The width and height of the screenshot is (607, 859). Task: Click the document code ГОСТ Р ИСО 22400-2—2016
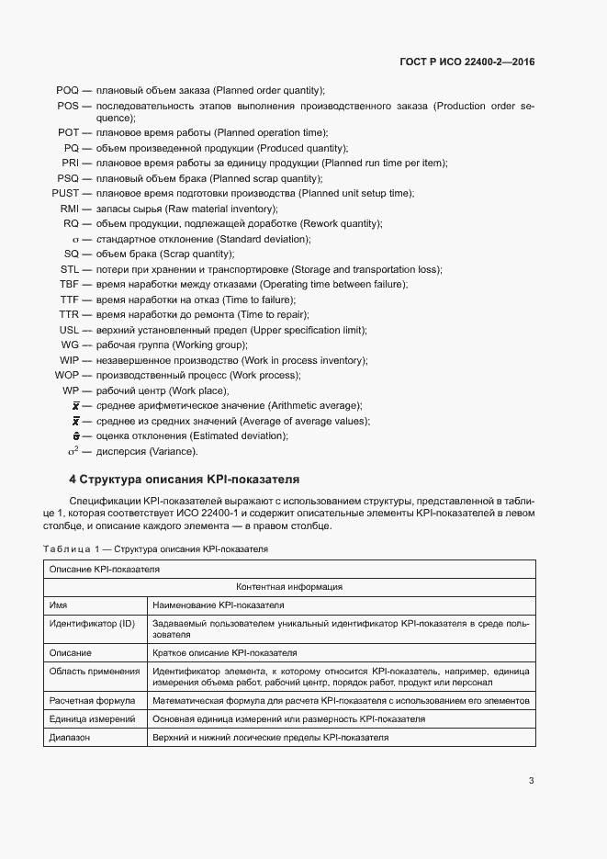pos(467,62)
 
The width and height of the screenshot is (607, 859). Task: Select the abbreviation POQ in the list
pos(67,90)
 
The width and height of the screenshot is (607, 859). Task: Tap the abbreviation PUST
pos(65,193)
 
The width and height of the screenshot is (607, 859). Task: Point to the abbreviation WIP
pos(69,360)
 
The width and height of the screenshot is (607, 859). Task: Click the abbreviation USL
pos(69,330)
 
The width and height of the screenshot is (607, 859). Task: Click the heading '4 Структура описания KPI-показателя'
pos(184,480)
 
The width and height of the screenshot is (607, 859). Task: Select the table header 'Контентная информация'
pos(289,586)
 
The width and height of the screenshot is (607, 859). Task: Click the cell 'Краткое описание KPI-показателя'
pos(224,653)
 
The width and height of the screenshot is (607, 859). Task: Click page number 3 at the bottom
pos(531,781)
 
